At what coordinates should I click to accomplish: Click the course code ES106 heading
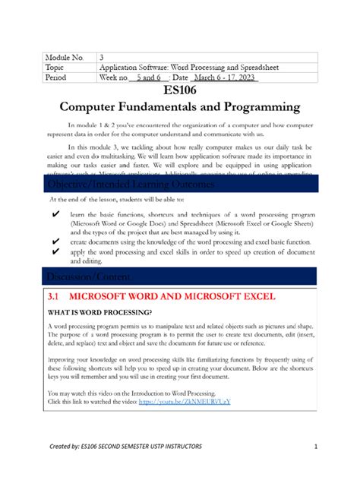[180, 91]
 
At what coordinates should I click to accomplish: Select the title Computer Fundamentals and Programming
[180, 108]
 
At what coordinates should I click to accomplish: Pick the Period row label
[60, 77]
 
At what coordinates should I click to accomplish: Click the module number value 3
[102, 57]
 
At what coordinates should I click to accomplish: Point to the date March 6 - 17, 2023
[225, 77]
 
